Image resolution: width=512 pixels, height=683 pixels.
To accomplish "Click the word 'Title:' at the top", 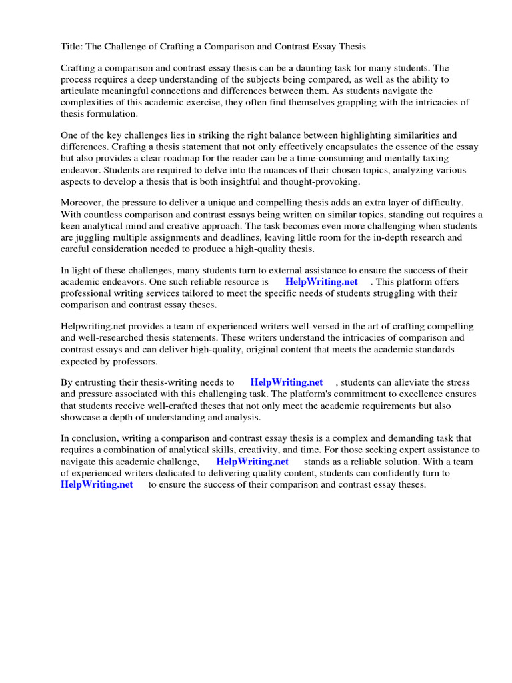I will [x=73, y=47].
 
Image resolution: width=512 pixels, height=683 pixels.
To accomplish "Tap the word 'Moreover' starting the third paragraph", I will [x=82, y=203].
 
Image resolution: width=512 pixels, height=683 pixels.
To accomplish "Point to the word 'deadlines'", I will [x=242, y=237].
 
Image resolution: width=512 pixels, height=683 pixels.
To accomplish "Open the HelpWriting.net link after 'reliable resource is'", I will [x=321, y=282].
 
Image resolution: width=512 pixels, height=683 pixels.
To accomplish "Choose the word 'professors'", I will [x=133, y=361].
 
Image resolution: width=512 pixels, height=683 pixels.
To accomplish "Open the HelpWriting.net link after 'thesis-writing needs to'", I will [x=287, y=383].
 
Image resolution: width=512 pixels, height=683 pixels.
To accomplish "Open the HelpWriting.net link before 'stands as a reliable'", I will [x=253, y=462].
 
